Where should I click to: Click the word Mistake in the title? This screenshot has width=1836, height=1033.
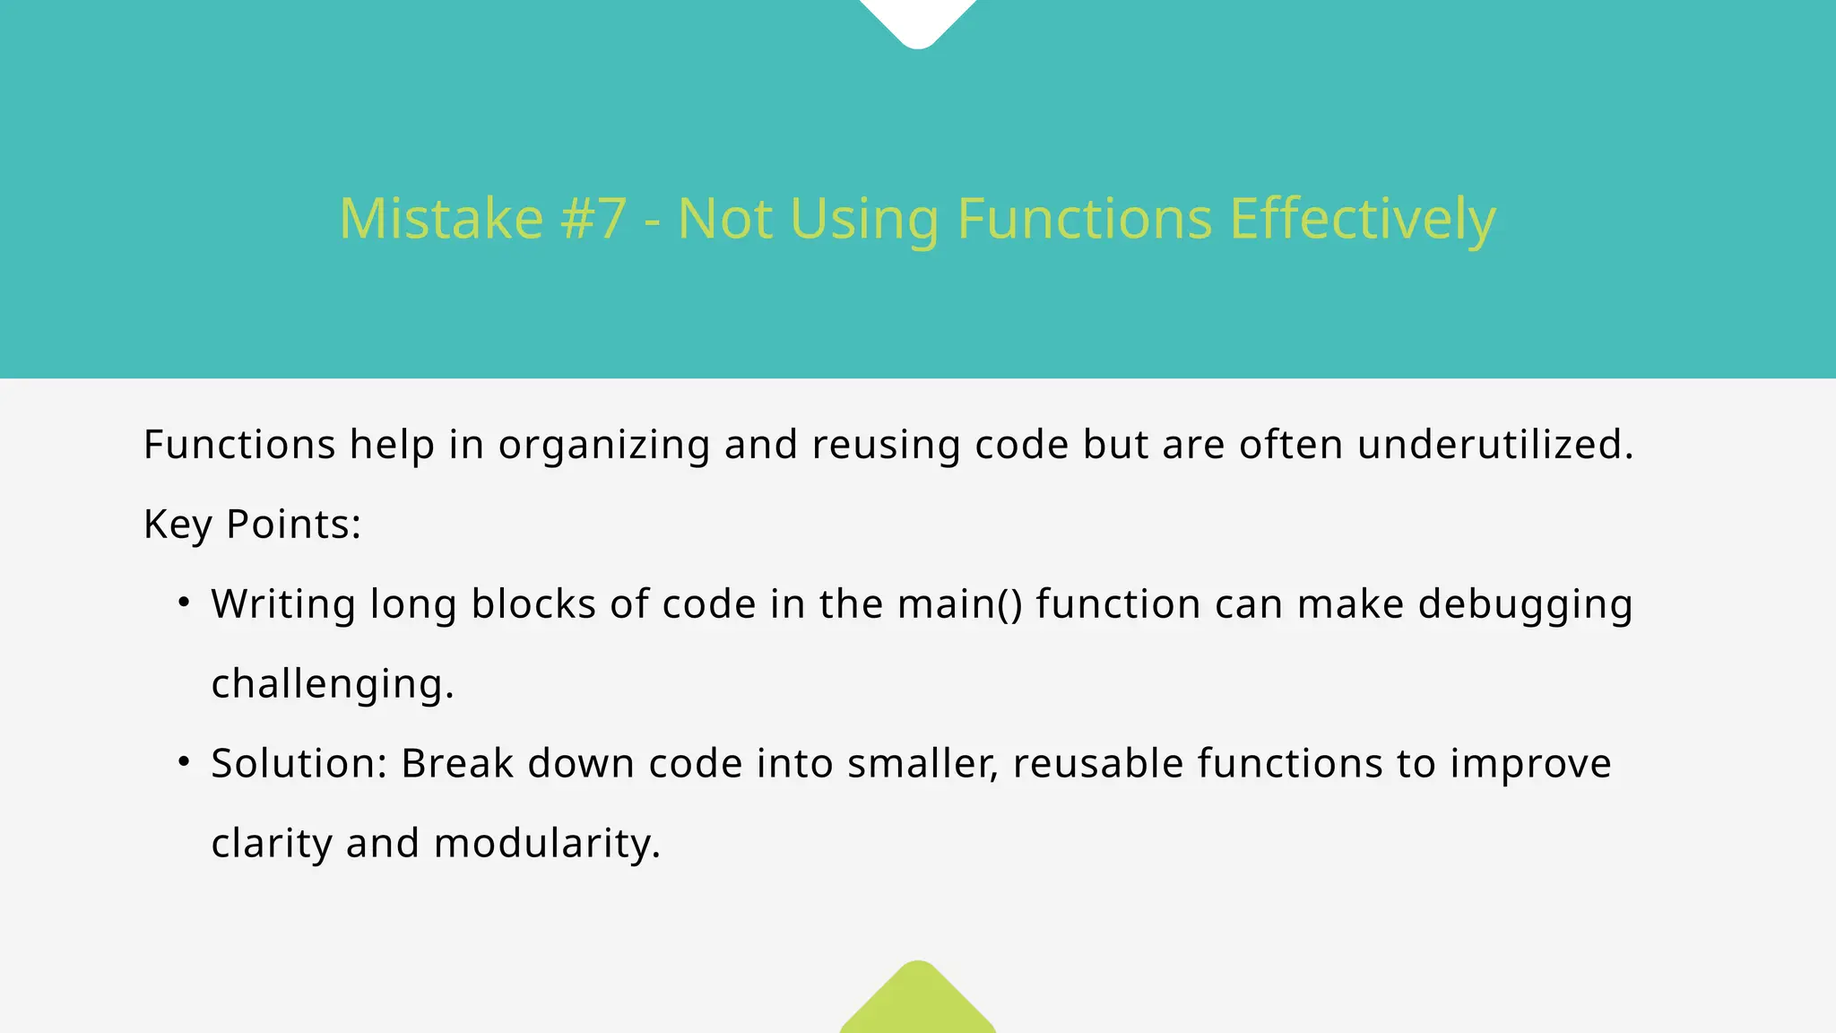[441, 219]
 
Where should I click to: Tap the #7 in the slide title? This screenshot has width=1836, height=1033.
[593, 219]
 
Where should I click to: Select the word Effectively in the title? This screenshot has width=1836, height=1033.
[1363, 219]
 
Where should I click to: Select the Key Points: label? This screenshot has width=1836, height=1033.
[252, 525]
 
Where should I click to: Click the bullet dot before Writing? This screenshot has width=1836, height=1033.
[184, 603]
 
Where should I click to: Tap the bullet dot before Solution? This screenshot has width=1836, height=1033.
[184, 762]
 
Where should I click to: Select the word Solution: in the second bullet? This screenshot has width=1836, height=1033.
[299, 764]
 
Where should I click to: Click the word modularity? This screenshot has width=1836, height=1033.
[547, 844]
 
